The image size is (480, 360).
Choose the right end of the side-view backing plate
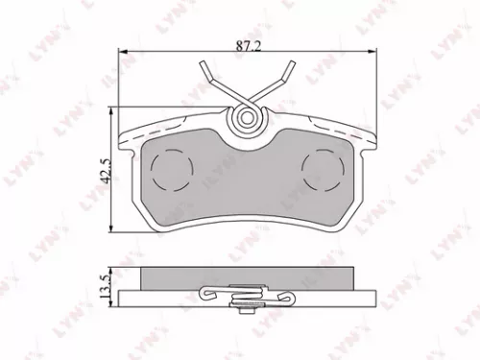(x=372, y=295)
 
